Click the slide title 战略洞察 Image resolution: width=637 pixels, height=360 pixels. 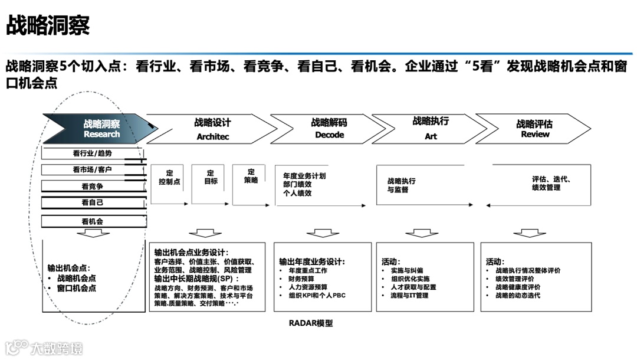tap(48, 25)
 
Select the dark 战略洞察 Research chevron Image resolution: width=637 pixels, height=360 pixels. tap(100, 129)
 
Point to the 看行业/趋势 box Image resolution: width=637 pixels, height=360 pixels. tap(93, 153)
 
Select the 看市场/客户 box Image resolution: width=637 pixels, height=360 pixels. tap(93, 170)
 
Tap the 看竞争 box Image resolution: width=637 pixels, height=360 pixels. tap(93, 186)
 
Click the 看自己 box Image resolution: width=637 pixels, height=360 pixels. tap(93, 202)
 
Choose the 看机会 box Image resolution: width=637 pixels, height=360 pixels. tap(93, 221)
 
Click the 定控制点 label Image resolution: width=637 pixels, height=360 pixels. tap(169, 178)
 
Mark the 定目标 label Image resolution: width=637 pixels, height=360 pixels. tap(211, 178)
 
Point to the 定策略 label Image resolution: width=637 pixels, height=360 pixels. tap(251, 176)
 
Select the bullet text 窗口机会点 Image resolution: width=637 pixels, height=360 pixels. tap(77, 289)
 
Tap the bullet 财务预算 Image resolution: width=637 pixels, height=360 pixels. tap(301, 279)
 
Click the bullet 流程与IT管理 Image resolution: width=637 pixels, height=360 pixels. tap(409, 295)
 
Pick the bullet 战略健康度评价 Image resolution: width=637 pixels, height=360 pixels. tap(518, 287)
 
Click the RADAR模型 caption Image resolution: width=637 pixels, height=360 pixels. tap(311, 323)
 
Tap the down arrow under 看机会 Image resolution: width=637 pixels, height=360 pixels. tap(93, 234)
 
